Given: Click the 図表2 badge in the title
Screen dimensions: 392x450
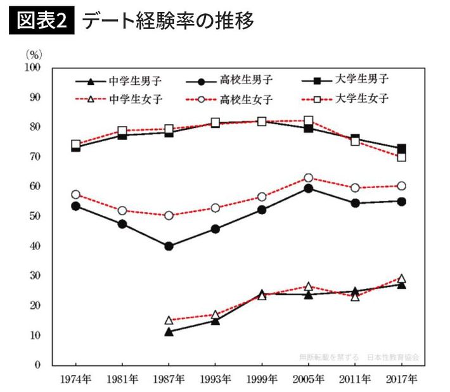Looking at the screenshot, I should tap(42, 21).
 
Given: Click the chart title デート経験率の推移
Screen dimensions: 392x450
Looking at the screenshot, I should tap(168, 21).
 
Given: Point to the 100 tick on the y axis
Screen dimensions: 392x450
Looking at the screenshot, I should tap(32, 67).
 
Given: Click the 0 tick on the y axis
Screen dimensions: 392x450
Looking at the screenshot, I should tap(38, 365).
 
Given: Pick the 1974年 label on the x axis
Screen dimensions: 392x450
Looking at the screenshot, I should tap(75, 380).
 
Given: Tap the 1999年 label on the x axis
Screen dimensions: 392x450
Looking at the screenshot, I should tap(262, 380).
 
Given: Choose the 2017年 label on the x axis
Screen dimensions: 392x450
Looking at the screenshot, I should tap(401, 380).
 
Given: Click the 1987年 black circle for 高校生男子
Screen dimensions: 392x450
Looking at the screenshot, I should tap(169, 246).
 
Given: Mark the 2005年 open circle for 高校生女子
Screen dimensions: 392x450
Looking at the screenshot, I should tap(308, 178).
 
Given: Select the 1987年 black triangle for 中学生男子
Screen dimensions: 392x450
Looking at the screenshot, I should tap(169, 331).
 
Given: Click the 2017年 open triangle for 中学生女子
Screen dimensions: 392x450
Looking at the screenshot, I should tap(401, 279).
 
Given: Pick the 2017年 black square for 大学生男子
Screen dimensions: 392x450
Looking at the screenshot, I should tap(401, 149).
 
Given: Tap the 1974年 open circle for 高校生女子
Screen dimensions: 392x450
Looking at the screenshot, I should tap(75, 194).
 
